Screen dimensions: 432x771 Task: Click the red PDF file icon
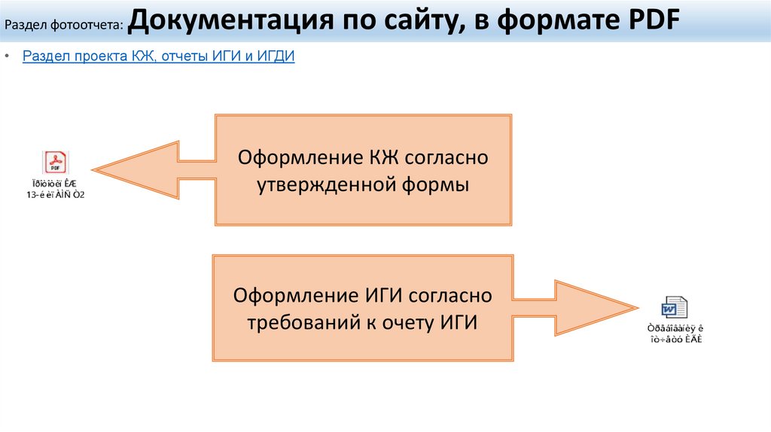coord(56,163)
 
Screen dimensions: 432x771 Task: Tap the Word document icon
coord(674,307)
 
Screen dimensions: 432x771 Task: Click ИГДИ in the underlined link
coord(275,56)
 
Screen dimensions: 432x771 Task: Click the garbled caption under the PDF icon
coord(56,190)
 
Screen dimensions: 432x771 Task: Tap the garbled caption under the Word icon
coord(675,334)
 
